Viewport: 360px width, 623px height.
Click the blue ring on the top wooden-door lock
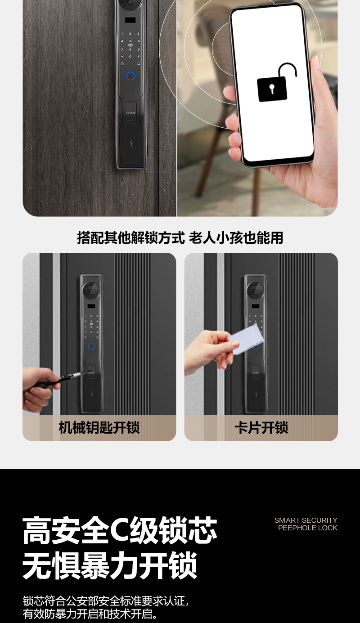click(130, 76)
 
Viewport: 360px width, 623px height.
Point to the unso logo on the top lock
click(130, 113)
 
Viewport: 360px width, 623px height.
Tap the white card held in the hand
click(246, 340)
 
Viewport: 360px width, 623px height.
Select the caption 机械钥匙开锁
click(99, 427)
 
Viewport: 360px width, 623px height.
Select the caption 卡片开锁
click(261, 427)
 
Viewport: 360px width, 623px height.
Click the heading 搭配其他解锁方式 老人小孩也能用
click(180, 238)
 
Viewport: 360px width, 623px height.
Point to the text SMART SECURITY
click(306, 520)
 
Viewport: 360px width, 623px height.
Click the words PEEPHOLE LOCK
click(308, 528)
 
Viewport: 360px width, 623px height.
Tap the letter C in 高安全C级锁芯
click(120, 530)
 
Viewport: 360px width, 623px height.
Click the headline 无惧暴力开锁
click(110, 566)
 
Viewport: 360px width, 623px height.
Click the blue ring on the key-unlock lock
click(91, 346)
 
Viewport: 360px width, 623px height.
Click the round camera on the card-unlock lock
click(255, 291)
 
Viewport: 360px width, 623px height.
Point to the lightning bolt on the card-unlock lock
click(256, 394)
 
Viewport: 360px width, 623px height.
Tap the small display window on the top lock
click(130, 21)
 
